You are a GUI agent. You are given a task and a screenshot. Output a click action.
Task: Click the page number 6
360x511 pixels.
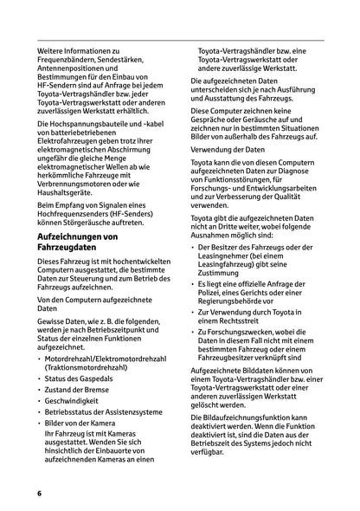[39, 492]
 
